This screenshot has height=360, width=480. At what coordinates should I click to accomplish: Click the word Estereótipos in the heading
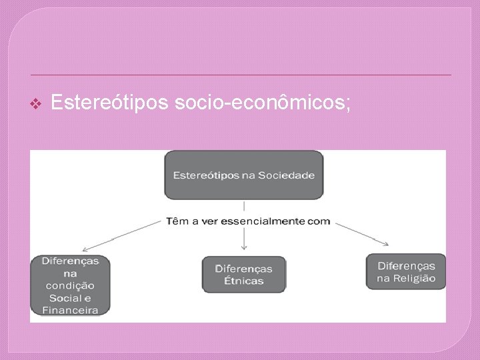[x=110, y=103]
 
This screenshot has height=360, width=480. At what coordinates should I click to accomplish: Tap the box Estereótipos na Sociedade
[x=243, y=175]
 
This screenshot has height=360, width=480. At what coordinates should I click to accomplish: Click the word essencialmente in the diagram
[x=267, y=221]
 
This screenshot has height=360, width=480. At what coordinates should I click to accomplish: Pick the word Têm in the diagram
[x=178, y=221]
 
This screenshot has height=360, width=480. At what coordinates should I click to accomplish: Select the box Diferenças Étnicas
[x=243, y=274]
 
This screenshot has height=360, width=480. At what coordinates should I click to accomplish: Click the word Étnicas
[x=243, y=281]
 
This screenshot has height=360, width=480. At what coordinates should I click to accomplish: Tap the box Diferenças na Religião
[x=406, y=271]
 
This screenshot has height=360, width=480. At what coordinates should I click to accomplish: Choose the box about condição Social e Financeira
[x=70, y=285]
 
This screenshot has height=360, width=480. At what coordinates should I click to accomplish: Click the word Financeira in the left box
[x=70, y=310]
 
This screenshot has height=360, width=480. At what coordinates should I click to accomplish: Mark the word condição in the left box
[x=70, y=285]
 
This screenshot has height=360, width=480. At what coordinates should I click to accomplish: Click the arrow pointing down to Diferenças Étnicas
[x=245, y=240]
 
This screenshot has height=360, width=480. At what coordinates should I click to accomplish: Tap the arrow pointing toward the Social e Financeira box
[x=127, y=233]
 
